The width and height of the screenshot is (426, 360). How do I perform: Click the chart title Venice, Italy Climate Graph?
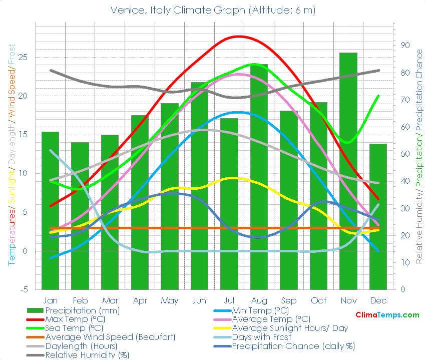tap(213, 10)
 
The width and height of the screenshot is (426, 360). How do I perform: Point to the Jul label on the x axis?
tap(229, 300)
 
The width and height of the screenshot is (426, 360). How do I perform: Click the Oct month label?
tap(318, 300)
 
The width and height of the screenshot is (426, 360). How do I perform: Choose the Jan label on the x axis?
tap(50, 300)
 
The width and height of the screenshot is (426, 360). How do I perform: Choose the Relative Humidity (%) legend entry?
tap(87, 355)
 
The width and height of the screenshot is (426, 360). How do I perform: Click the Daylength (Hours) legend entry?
tap(81, 346)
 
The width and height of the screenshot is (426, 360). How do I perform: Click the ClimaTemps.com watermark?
tap(387, 315)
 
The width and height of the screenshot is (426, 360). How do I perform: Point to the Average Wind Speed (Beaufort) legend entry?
tap(110, 337)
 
